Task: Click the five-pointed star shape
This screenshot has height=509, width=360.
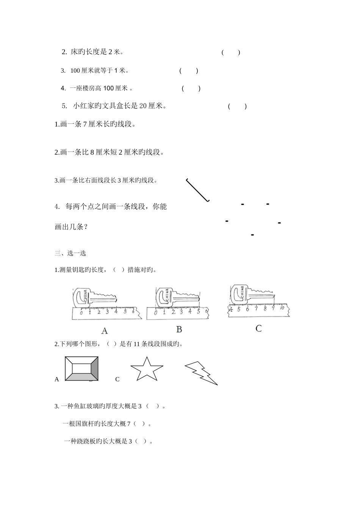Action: [147, 369]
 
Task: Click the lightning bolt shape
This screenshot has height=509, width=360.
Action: [201, 373]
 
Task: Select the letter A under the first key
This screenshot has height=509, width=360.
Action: [105, 331]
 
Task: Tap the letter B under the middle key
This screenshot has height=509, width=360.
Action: [179, 329]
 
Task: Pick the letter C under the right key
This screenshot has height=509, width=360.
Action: [258, 328]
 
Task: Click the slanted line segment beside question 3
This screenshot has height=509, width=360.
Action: [197, 190]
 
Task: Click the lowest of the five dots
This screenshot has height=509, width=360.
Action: [252, 235]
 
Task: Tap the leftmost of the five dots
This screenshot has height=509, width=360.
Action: [227, 221]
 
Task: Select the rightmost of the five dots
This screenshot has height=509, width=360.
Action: [279, 223]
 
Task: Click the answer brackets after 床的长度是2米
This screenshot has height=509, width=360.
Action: [231, 53]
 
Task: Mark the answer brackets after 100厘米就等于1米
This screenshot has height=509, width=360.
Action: [189, 70]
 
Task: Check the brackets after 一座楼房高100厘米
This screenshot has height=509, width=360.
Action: [191, 89]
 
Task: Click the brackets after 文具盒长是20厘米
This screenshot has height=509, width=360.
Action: [237, 106]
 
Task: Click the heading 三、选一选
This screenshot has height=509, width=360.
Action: [70, 253]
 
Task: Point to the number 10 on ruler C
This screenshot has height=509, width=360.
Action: [282, 308]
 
